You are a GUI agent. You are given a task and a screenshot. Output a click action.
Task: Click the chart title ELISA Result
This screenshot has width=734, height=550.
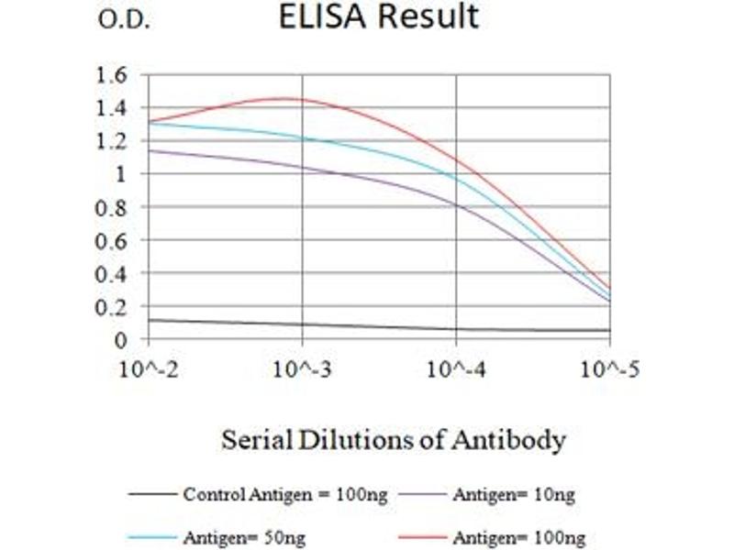(x=379, y=17)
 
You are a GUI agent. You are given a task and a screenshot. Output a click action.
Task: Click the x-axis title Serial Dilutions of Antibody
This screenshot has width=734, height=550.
(x=393, y=441)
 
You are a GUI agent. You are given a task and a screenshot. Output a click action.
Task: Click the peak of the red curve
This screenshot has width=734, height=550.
(x=286, y=99)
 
